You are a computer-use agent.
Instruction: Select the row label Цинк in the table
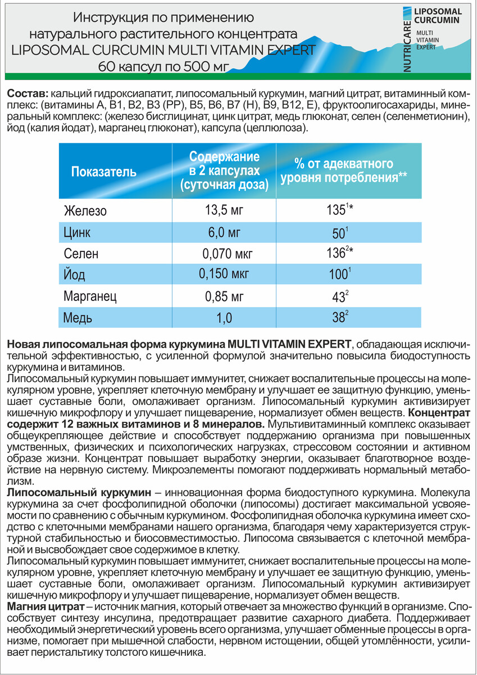click(78, 233)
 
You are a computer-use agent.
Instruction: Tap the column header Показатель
click(104, 172)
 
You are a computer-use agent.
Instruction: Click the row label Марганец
click(90, 296)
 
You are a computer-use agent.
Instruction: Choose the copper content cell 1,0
click(224, 318)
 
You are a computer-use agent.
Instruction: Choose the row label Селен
click(81, 254)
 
